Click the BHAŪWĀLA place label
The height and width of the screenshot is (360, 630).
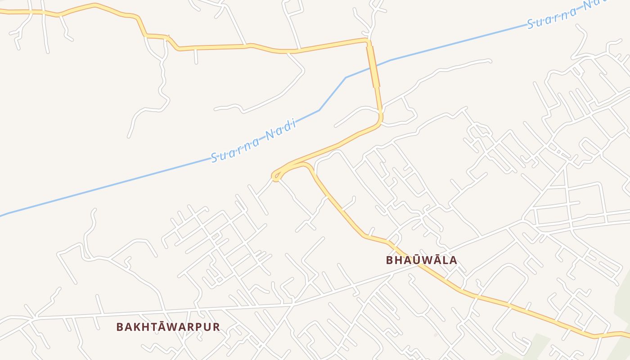[x=421, y=260]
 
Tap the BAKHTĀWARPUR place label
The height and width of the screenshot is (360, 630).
[x=168, y=327]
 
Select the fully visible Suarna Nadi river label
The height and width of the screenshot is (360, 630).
[x=254, y=140]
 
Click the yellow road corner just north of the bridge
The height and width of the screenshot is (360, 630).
[x=368, y=41]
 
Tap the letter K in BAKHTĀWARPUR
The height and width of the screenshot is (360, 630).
[x=137, y=327]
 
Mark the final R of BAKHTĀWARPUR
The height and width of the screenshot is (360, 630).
[x=216, y=327]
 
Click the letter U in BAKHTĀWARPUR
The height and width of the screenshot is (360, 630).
[x=207, y=327]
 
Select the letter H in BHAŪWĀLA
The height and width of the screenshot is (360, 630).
[x=399, y=260]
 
